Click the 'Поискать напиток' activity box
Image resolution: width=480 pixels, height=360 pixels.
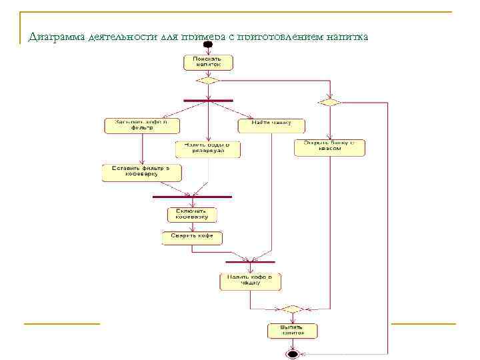[x=208, y=62]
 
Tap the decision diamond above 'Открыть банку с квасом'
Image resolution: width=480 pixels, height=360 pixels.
[x=330, y=102]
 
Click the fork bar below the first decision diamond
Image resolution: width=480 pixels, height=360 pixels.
[x=208, y=100]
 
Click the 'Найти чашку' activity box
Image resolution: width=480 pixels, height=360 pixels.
[x=271, y=125]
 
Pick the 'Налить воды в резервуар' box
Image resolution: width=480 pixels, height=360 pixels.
[x=208, y=149]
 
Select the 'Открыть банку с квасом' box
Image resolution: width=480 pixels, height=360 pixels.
[x=330, y=147]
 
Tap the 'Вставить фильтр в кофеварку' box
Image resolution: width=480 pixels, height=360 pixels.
[x=140, y=173]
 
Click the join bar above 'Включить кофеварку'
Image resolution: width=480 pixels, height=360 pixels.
[x=192, y=197]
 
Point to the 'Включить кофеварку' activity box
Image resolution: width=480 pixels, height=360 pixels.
[x=192, y=215]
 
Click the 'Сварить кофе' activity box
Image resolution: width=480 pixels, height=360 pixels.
[x=192, y=237]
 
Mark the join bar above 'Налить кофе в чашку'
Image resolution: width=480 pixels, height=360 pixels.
[x=250, y=261]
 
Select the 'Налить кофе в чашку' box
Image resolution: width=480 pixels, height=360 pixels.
[x=250, y=281]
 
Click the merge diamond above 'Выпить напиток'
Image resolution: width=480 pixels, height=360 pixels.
[x=292, y=309]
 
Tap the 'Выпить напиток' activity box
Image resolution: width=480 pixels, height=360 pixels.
[x=293, y=331]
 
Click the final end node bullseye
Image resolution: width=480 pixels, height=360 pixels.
[x=293, y=354]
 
